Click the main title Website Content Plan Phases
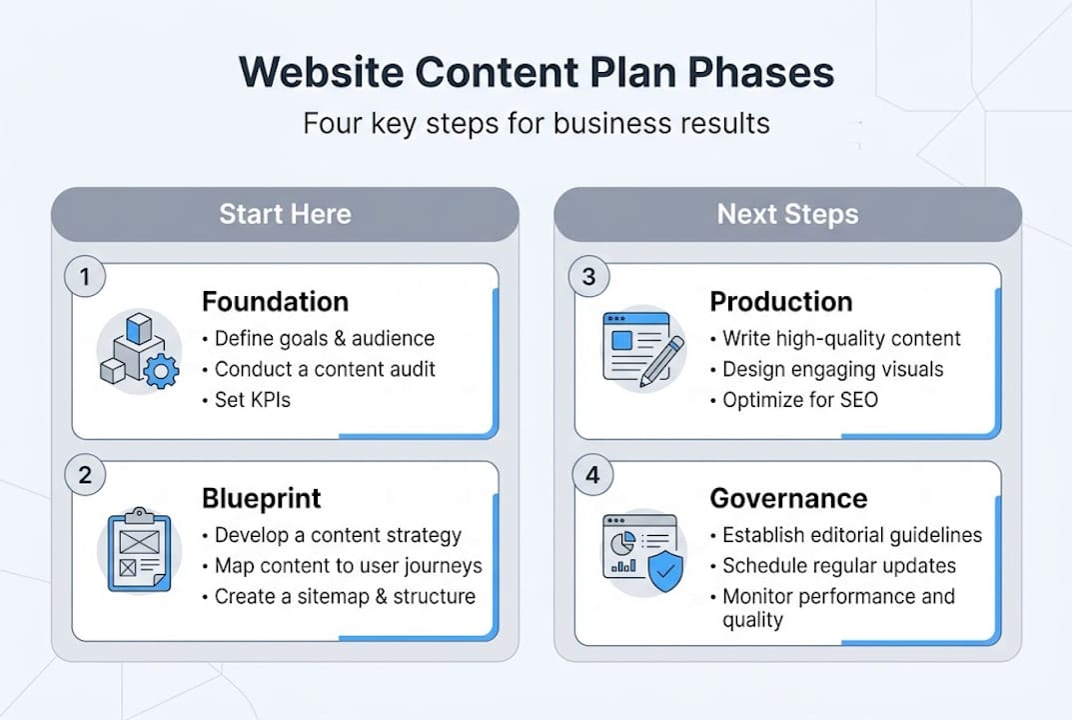[x=536, y=74]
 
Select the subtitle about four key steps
[x=536, y=124]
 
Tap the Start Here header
[x=285, y=214]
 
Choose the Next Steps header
[x=787, y=214]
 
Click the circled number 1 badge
[x=85, y=277]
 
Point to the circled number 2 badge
[x=85, y=475]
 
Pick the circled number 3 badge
[x=588, y=277]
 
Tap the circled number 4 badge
[x=592, y=475]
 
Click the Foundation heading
[x=275, y=302]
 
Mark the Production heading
[x=780, y=302]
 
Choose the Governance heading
[x=788, y=499]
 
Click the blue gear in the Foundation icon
[x=161, y=372]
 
